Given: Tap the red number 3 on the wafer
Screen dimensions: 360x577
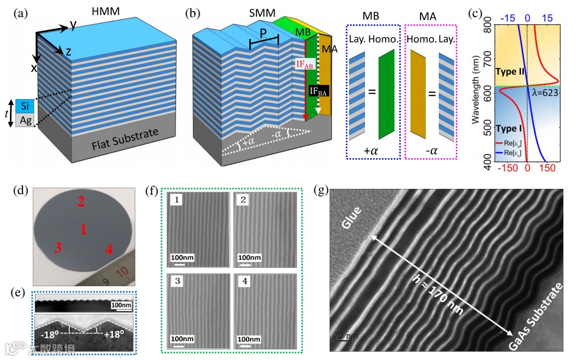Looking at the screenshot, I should pyautogui.click(x=57, y=248).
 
